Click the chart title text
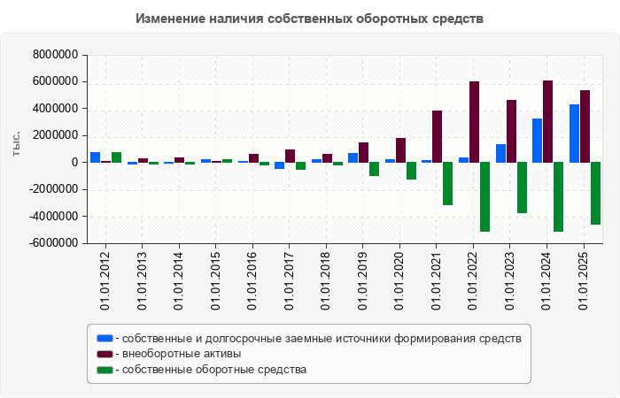click(x=310, y=19)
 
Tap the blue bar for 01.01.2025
click(x=574, y=134)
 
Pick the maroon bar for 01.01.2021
click(x=437, y=136)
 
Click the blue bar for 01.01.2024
click(x=537, y=141)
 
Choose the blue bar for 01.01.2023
click(x=500, y=153)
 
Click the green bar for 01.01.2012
click(x=116, y=157)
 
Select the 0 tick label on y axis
click(x=74, y=163)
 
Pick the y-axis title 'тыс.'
click(x=16, y=145)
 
